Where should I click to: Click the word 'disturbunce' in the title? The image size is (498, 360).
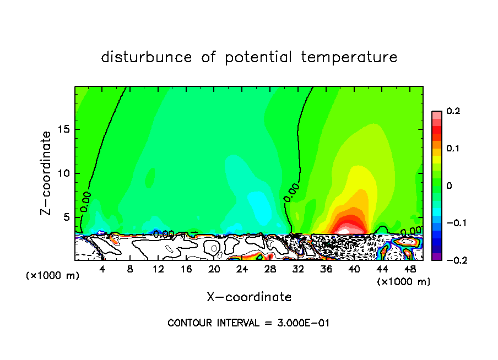[147, 57]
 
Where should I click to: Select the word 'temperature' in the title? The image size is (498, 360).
[350, 57]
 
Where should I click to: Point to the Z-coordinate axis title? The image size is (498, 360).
[47, 173]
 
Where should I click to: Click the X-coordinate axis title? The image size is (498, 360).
[249, 297]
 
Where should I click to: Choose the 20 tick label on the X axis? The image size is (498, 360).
[214, 269]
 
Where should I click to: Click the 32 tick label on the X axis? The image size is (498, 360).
[298, 269]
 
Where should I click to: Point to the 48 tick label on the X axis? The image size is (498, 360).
[410, 269]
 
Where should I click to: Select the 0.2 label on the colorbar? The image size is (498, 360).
[453, 111]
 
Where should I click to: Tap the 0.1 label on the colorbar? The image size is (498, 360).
[453, 149]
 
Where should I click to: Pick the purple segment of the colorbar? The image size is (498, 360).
[436, 257]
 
